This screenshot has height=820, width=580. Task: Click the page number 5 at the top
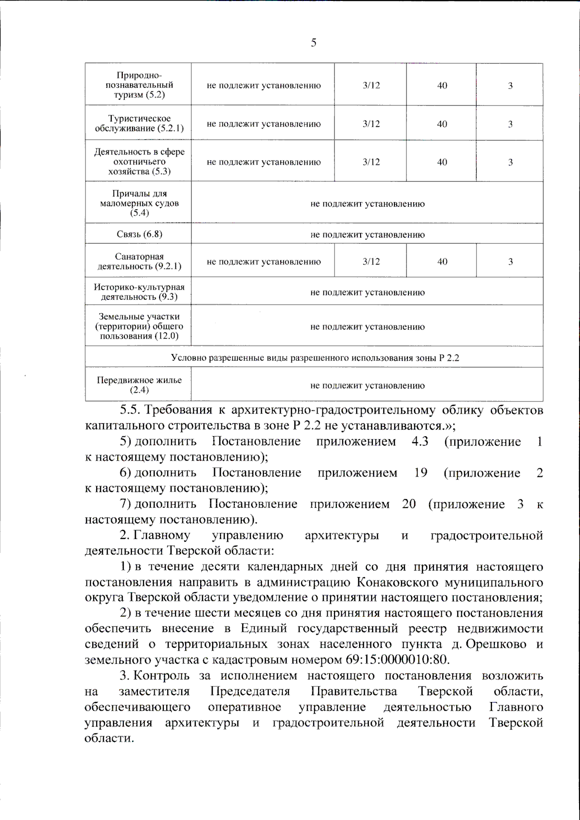(314, 43)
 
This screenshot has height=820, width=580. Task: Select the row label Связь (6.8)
(139, 234)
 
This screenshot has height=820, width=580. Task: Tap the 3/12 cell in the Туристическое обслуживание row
(371, 124)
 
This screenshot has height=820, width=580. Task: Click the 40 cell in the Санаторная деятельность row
(442, 261)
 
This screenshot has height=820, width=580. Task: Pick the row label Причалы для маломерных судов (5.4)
(139, 203)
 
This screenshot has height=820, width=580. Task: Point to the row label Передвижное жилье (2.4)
(139, 385)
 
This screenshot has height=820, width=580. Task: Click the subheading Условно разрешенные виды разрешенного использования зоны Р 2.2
(315, 358)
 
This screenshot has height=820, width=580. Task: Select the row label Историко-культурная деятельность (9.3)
(139, 292)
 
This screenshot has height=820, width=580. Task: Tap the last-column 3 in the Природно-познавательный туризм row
(510, 86)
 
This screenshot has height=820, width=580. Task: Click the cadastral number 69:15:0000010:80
(397, 660)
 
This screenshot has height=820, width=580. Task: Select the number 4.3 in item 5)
(420, 442)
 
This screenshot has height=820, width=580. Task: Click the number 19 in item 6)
(420, 473)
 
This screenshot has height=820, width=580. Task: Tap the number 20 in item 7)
(408, 504)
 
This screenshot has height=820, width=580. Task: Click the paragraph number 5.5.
(130, 410)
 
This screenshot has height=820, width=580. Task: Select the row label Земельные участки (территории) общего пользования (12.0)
(139, 326)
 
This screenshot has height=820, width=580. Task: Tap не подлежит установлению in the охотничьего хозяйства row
(263, 162)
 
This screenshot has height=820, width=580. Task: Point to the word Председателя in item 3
(250, 691)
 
